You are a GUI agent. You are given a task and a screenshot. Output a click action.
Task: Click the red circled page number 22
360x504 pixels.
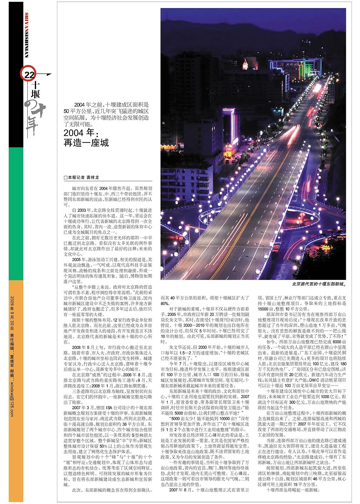[x=29, y=75]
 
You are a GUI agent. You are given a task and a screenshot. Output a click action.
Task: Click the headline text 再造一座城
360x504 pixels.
[x=86, y=142]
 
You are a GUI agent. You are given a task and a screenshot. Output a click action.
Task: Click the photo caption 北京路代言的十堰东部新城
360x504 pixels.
[x=319, y=283]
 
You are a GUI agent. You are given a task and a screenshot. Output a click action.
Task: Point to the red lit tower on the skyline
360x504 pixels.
[x=246, y=64]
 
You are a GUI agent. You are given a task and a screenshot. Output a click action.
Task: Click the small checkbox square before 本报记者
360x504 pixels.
[x=65, y=178]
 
